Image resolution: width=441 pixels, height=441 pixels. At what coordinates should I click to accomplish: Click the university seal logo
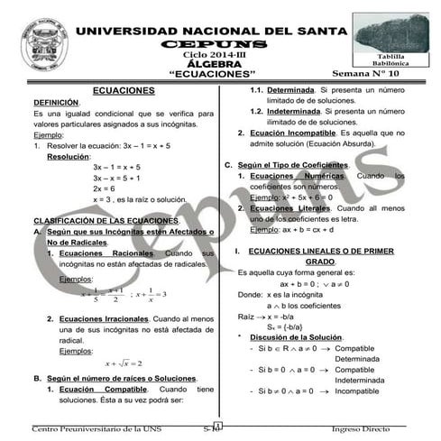46,44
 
